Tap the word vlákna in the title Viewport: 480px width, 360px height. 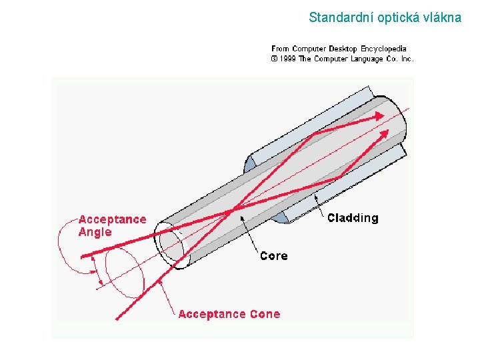(x=439, y=18)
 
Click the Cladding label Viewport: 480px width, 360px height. (x=352, y=218)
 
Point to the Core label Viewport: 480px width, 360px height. (x=273, y=256)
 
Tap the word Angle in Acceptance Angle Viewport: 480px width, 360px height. (x=95, y=232)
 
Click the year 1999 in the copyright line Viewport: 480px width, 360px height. (x=287, y=59)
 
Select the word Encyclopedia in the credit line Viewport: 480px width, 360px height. (x=383, y=49)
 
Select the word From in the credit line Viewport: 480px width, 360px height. (x=281, y=49)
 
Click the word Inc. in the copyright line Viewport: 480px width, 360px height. (x=407, y=59)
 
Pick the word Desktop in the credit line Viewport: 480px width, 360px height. (x=344, y=49)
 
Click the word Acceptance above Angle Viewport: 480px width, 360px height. (x=112, y=219)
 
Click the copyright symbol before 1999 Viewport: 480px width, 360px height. (x=274, y=59)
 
